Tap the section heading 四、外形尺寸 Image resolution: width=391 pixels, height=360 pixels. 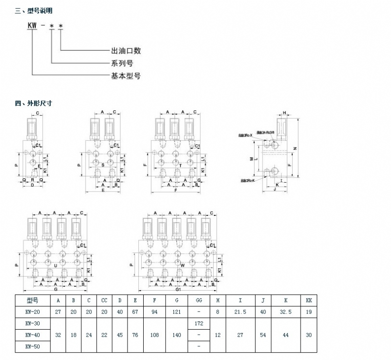pyautogui.click(x=34, y=103)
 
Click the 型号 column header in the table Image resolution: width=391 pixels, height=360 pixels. pyautogui.click(x=32, y=300)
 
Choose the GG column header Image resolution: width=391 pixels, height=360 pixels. pyautogui.click(x=199, y=300)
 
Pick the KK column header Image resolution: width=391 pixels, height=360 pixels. pyautogui.click(x=308, y=300)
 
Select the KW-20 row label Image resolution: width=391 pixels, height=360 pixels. pyautogui.click(x=32, y=312)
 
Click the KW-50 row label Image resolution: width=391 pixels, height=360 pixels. pyautogui.click(x=32, y=346)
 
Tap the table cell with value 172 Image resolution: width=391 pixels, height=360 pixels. pyautogui.click(x=199, y=323)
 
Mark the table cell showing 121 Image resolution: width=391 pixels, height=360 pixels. pyautogui.click(x=176, y=312)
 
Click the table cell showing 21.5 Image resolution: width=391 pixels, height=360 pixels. pyautogui.click(x=240, y=312)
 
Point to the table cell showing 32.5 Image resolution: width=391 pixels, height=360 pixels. pyautogui.click(x=285, y=312)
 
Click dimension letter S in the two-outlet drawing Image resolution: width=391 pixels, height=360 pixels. pyautogui.click(x=103, y=165)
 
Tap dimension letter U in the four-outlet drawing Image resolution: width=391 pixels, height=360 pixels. pyautogui.click(x=55, y=265)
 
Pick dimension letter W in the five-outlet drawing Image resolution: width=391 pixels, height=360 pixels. pyautogui.click(x=182, y=265)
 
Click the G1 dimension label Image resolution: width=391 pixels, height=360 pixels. pyautogui.click(x=177, y=289)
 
